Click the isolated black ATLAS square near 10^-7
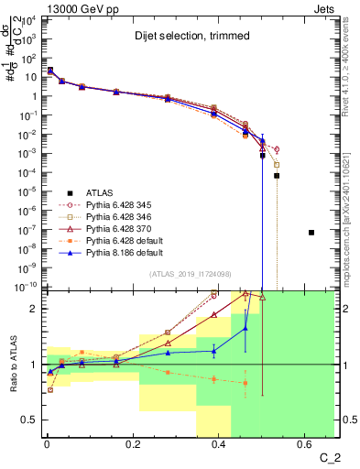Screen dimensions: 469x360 click(311, 233)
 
